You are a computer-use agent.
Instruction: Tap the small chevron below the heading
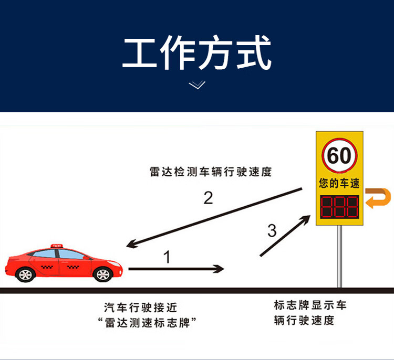197,85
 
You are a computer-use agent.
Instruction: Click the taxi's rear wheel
25,274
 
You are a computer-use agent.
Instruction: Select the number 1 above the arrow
167,257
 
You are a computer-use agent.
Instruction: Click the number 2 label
208,198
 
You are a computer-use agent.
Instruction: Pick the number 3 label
272,230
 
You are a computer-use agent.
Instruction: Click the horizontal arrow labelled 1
176,269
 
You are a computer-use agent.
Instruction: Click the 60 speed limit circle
339,156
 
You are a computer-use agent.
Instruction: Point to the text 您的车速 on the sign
339,184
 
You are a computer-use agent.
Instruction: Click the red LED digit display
339,207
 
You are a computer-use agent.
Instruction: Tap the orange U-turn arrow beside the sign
378,198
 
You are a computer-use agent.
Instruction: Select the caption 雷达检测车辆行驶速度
210,172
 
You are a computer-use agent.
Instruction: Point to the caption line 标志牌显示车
310,306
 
